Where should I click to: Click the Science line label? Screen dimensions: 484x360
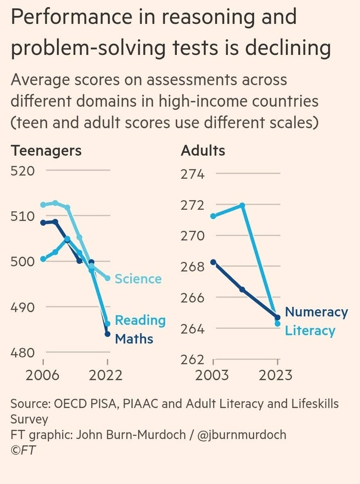pyautogui.click(x=138, y=279)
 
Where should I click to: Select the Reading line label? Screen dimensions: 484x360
pyautogui.click(x=140, y=320)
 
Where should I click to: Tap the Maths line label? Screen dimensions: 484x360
pyautogui.click(x=134, y=338)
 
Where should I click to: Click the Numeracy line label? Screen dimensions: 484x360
pyautogui.click(x=316, y=312)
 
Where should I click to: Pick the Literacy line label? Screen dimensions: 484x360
pyautogui.click(x=310, y=331)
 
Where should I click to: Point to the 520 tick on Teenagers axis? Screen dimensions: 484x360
pyautogui.click(x=24, y=171)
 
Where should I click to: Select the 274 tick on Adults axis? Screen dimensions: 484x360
pyautogui.click(x=193, y=174)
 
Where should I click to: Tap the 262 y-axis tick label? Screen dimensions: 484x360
pyautogui.click(x=193, y=359)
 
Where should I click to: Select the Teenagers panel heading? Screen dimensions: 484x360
pyautogui.click(x=46, y=150)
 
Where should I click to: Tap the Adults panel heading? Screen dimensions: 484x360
pyautogui.click(x=203, y=150)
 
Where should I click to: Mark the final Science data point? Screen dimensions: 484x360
pyautogui.click(x=108, y=278)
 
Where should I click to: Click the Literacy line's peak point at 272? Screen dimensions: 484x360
pyautogui.click(x=242, y=205)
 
